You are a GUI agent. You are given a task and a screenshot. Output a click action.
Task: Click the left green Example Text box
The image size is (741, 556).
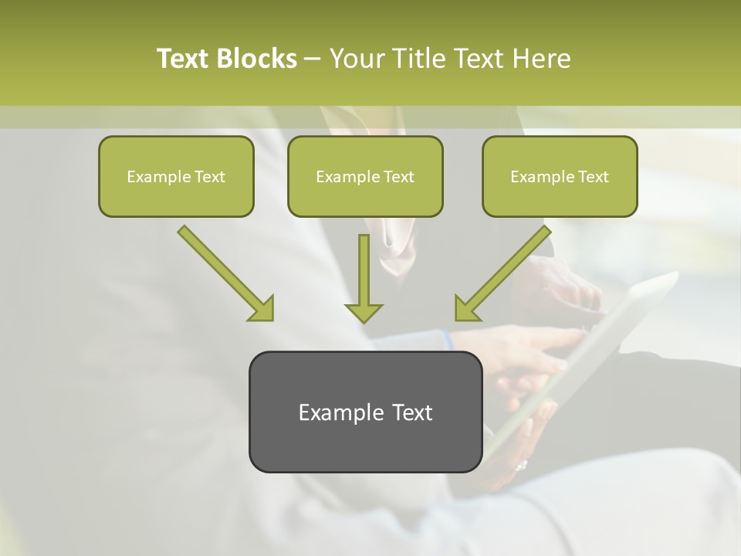pyautogui.click(x=176, y=177)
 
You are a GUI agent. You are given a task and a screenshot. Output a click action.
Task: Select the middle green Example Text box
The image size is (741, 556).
pyautogui.click(x=365, y=177)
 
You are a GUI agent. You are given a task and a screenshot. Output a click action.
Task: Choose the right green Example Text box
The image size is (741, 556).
pyautogui.click(x=560, y=177)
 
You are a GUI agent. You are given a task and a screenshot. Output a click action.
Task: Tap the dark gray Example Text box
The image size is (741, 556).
pyautogui.click(x=365, y=412)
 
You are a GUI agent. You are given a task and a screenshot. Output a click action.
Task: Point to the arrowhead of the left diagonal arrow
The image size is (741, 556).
pyautogui.click(x=262, y=309)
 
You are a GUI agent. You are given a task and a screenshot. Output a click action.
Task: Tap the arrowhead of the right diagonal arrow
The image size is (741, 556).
pyautogui.click(x=465, y=309)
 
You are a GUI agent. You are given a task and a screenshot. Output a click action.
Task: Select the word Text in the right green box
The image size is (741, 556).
pyautogui.click(x=593, y=177)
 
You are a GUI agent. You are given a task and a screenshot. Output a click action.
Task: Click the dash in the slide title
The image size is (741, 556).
pyautogui.click(x=313, y=59)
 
